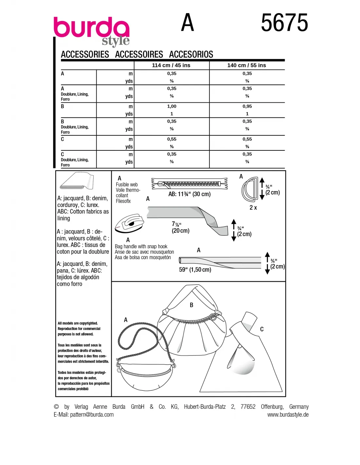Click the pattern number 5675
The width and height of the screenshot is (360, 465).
(284, 23)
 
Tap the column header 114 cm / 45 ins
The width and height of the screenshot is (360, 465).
(171, 65)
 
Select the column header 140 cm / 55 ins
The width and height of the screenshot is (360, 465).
(246, 65)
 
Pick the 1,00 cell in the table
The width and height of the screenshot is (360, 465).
(171, 106)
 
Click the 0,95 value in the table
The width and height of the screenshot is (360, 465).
(247, 106)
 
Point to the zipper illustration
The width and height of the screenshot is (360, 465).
(189, 184)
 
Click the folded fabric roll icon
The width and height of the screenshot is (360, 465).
(77, 181)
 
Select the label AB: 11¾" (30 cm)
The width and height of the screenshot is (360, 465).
(189, 194)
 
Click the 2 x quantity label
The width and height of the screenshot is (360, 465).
(253, 208)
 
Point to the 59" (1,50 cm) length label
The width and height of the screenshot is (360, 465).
(195, 270)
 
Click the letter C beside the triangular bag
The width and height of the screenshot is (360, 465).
(262, 329)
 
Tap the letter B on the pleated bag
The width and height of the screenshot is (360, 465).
(191, 305)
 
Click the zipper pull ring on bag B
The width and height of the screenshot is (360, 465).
(213, 317)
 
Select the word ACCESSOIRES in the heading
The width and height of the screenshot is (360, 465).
(139, 54)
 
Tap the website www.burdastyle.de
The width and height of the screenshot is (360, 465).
(288, 415)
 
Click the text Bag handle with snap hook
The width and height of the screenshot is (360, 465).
(141, 247)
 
